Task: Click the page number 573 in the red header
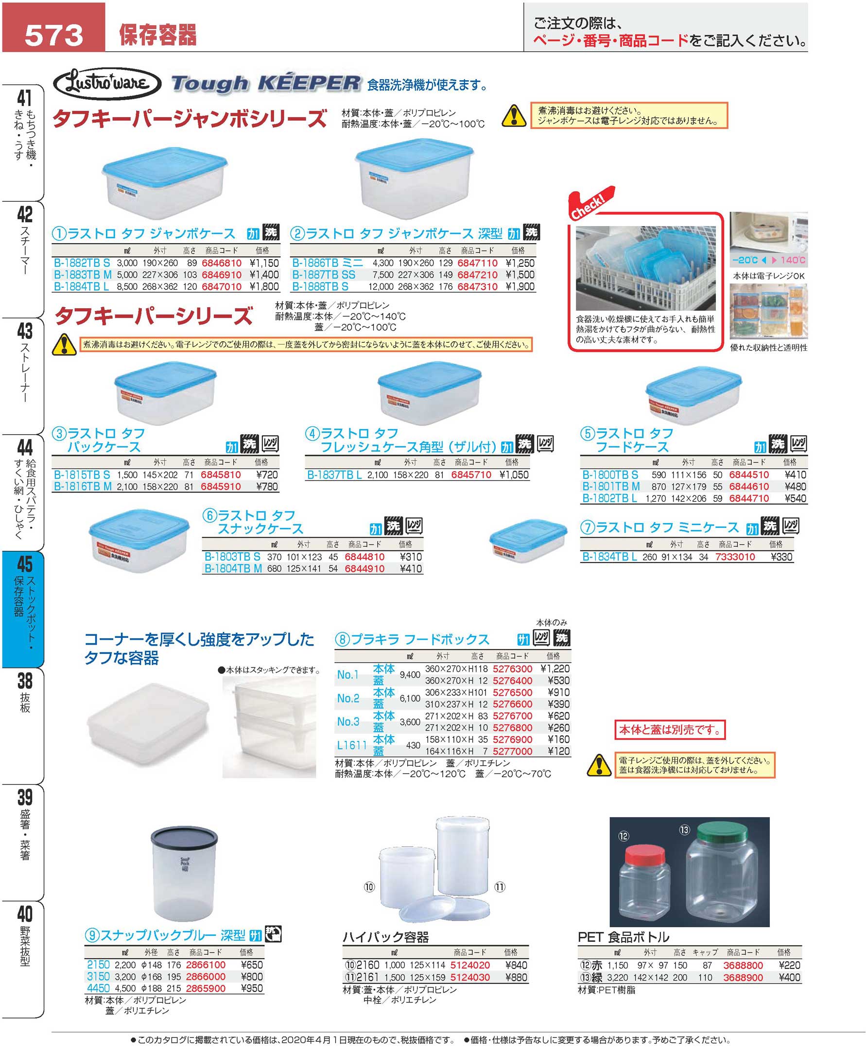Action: (54, 35)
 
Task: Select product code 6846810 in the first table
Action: (222, 263)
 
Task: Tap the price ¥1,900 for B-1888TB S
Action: (520, 286)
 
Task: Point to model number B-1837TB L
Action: (334, 474)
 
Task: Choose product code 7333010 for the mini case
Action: (735, 557)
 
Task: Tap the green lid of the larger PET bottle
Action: (722, 832)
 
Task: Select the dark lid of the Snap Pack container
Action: (184, 839)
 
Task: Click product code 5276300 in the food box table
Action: (512, 669)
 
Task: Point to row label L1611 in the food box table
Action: (352, 745)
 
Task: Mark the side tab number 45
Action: (24, 564)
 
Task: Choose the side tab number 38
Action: (24, 681)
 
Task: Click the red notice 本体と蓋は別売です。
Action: (670, 730)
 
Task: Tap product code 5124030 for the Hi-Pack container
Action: (470, 977)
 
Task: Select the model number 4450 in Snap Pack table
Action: (98, 988)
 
